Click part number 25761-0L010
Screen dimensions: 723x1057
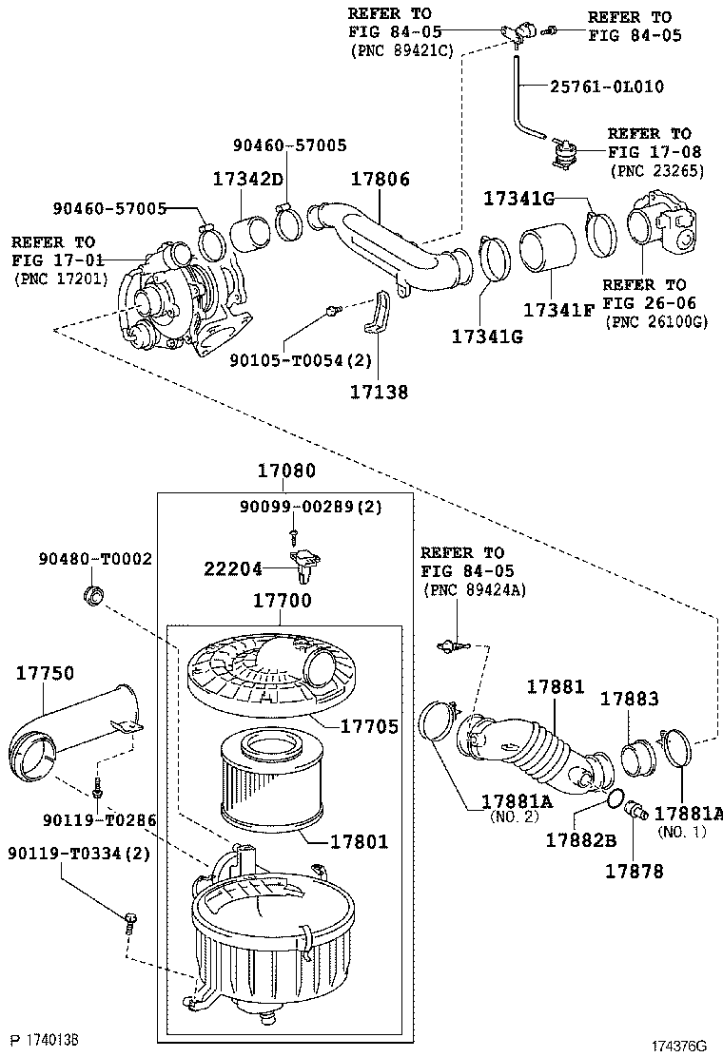pyautogui.click(x=607, y=86)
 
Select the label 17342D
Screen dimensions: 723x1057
pyautogui.click(x=248, y=179)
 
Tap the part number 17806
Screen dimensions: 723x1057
pyautogui.click(x=381, y=179)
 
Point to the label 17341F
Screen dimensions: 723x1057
pyautogui.click(x=559, y=310)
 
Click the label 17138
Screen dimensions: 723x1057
pyautogui.click(x=379, y=392)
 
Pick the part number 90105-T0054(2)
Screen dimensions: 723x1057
pyautogui.click(x=301, y=360)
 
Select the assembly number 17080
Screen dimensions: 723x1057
pyautogui.click(x=286, y=470)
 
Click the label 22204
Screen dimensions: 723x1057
pyautogui.click(x=233, y=569)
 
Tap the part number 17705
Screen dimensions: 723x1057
pyautogui.click(x=370, y=726)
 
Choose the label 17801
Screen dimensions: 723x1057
pyautogui.click(x=359, y=841)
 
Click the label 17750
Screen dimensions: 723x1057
pyautogui.click(x=46, y=673)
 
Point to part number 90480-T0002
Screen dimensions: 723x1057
pyautogui.click(x=95, y=559)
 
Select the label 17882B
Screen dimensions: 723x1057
pyautogui.click(x=581, y=840)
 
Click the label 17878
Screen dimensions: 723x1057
pyautogui.click(x=634, y=872)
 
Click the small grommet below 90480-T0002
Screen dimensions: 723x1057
pyautogui.click(x=94, y=595)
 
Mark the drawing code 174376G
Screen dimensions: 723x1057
pyautogui.click(x=678, y=1047)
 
